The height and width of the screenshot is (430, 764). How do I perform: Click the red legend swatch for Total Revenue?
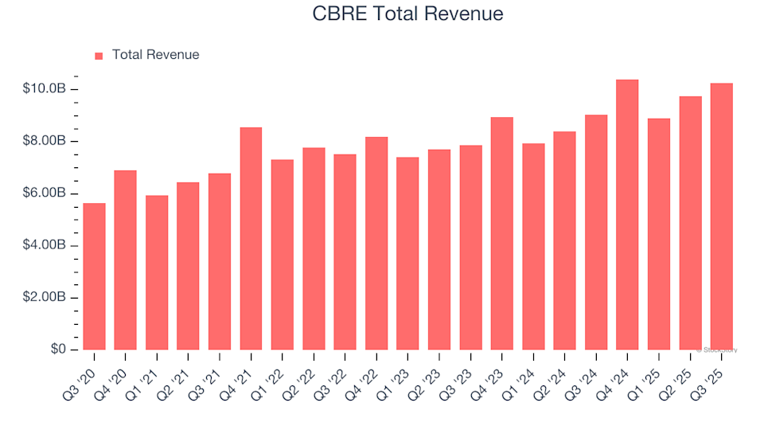99,56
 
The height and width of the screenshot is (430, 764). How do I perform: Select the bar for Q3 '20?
94,276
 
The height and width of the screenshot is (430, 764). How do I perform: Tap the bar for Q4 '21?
251,239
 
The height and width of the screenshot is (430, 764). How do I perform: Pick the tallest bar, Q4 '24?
627,215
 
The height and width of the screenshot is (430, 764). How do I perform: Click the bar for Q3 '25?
721,217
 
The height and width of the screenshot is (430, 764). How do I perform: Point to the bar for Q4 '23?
501,233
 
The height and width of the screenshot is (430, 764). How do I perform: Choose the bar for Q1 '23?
407,253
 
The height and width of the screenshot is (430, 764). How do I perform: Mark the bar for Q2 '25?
690,223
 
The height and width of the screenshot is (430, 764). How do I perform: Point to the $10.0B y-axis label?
44,88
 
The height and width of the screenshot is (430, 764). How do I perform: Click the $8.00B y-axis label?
44,141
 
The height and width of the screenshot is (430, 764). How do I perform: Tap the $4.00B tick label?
44,245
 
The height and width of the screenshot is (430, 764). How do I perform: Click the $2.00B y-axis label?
44,298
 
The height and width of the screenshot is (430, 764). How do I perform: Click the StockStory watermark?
717,350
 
